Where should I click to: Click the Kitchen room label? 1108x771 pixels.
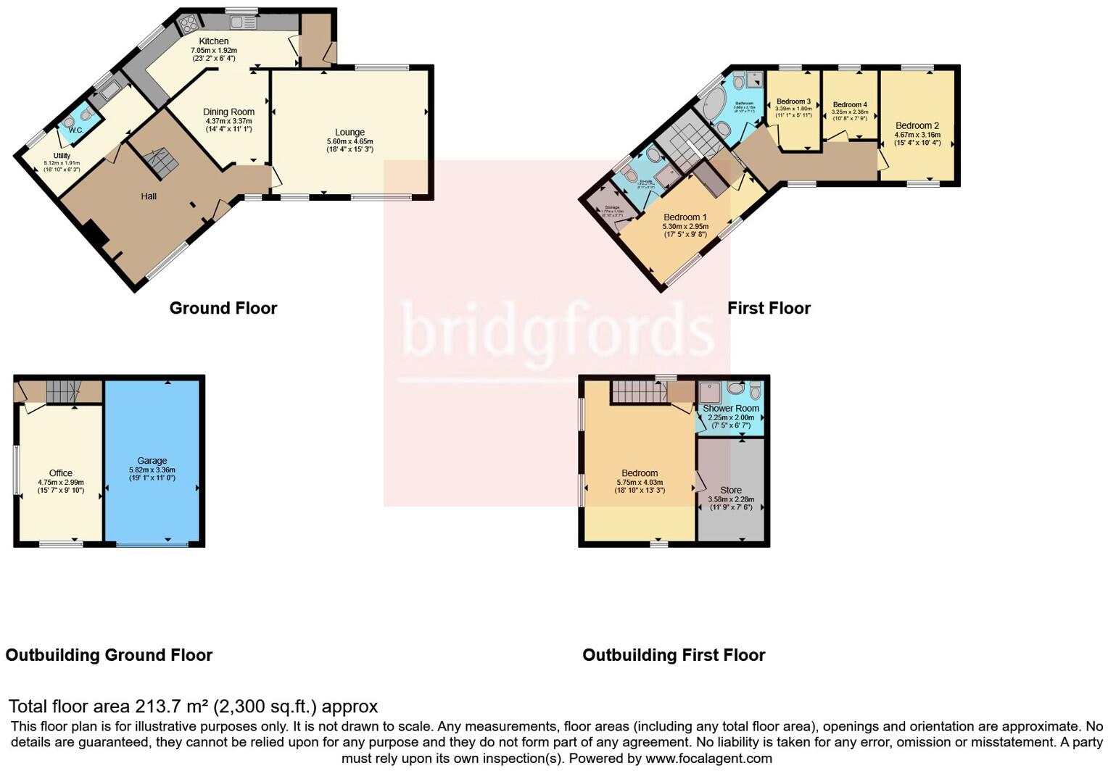pyautogui.click(x=213, y=41)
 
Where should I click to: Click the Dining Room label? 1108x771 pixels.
pyautogui.click(x=228, y=112)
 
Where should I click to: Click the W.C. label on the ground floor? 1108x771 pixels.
pyautogui.click(x=75, y=130)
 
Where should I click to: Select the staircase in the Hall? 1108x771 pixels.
pyautogui.click(x=160, y=163)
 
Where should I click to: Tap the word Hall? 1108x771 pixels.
pyautogui.click(x=149, y=196)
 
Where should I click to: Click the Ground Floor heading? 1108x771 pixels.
pyautogui.click(x=223, y=308)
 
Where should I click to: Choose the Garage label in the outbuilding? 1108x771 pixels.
pyautogui.click(x=152, y=460)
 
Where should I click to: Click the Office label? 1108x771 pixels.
pyautogui.click(x=61, y=472)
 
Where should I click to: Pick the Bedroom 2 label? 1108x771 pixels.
pyautogui.click(x=917, y=125)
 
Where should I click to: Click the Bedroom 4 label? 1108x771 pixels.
pyautogui.click(x=850, y=104)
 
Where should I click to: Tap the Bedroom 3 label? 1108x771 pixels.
pyautogui.click(x=793, y=101)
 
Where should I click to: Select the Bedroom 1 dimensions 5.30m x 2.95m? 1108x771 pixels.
pyautogui.click(x=685, y=226)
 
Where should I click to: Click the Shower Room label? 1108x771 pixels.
pyautogui.click(x=731, y=408)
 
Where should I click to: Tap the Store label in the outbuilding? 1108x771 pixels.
pyautogui.click(x=731, y=490)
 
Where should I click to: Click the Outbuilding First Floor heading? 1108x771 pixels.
pyautogui.click(x=674, y=655)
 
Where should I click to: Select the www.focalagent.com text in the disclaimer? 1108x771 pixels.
pyautogui.click(x=708, y=759)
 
